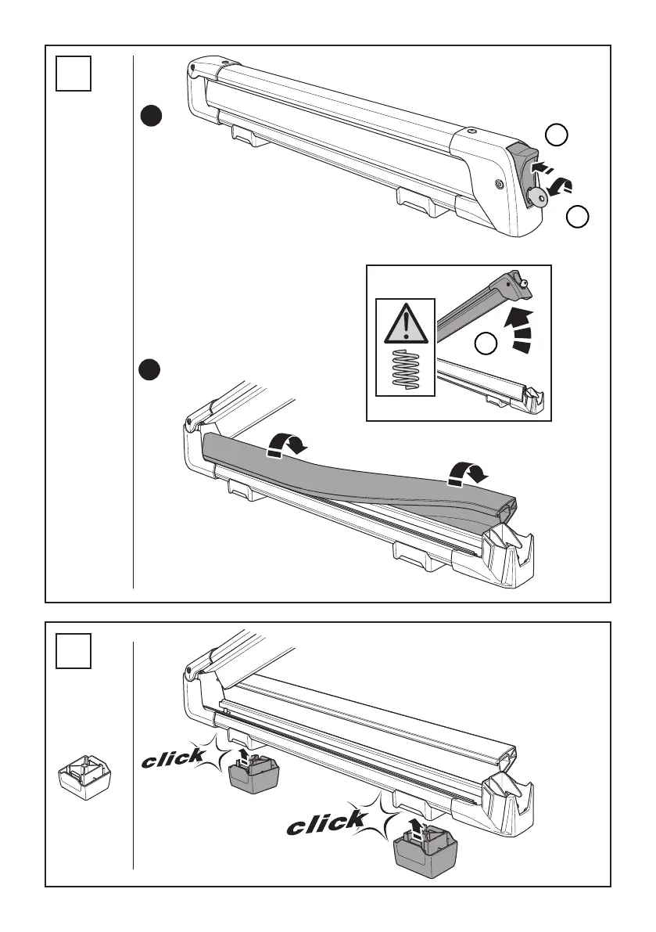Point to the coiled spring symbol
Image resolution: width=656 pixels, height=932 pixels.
406,368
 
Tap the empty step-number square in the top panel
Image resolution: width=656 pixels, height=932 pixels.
74,74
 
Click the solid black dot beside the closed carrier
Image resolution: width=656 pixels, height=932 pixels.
151,117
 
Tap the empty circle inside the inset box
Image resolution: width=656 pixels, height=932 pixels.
487,343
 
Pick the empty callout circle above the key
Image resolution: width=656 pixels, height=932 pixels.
556,136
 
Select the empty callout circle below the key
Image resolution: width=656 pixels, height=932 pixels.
577,218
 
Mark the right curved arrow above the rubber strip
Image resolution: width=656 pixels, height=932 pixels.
466,473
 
